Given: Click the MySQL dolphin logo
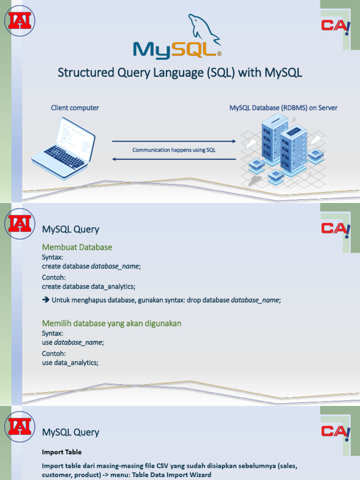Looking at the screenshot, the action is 177,36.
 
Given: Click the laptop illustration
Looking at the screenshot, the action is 63,148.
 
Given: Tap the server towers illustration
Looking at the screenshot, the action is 283,150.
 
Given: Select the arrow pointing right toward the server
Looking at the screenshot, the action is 174,141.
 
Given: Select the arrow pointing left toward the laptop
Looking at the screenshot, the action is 174,159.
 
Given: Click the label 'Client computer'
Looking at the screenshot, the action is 75,108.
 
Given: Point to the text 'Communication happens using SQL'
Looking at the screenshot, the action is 174,150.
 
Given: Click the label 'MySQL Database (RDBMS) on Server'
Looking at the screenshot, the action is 284,108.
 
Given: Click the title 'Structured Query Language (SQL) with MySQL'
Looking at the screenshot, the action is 180,73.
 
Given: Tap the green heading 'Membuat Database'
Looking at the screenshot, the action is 77,247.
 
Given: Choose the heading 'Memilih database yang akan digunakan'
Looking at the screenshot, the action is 112,323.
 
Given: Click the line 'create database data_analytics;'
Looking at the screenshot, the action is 89,286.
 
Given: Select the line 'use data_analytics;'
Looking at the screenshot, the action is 70,363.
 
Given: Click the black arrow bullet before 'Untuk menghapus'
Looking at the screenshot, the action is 45,300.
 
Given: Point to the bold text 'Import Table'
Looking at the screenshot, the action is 62,452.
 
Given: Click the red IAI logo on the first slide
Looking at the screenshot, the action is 20,21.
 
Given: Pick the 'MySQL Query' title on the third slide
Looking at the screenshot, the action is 71,432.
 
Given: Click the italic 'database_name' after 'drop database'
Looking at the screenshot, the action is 255,300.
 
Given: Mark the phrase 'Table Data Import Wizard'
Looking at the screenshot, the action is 172,475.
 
